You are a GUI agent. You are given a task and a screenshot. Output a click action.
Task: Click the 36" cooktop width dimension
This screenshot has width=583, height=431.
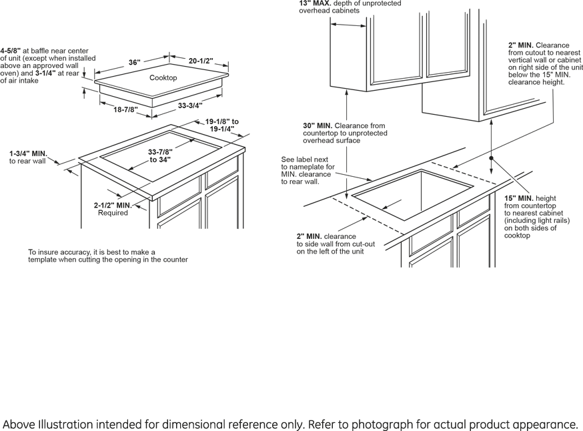point(134,63)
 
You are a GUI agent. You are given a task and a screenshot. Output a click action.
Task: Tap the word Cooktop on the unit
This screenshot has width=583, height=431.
point(163,78)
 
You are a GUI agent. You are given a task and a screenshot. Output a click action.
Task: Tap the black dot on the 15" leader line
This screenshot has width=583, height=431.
point(491,159)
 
